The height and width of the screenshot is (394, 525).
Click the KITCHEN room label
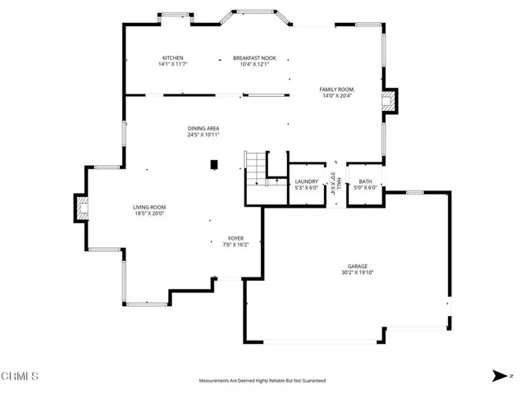pos(173,57)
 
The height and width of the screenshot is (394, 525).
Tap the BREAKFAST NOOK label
pos(254,57)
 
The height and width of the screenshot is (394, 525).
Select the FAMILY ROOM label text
pos(337,89)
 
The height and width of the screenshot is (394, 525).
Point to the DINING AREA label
pos(203,128)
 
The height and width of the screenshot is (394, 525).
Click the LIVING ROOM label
pos(150,207)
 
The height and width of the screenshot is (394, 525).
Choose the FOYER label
pos(236,238)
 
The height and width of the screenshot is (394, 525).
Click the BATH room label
pos(365,181)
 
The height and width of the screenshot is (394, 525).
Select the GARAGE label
pos(357,266)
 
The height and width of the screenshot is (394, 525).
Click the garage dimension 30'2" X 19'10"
pos(357,273)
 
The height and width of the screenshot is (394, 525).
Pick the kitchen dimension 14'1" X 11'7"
pos(173,64)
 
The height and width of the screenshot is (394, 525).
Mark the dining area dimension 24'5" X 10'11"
pos(203,135)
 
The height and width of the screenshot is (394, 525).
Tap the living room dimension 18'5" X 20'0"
pos(150,213)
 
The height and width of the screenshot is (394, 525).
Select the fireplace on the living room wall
pos(80,208)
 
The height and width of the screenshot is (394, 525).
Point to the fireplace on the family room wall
pos(388,101)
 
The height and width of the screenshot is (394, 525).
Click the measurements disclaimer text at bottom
pos(262,381)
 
